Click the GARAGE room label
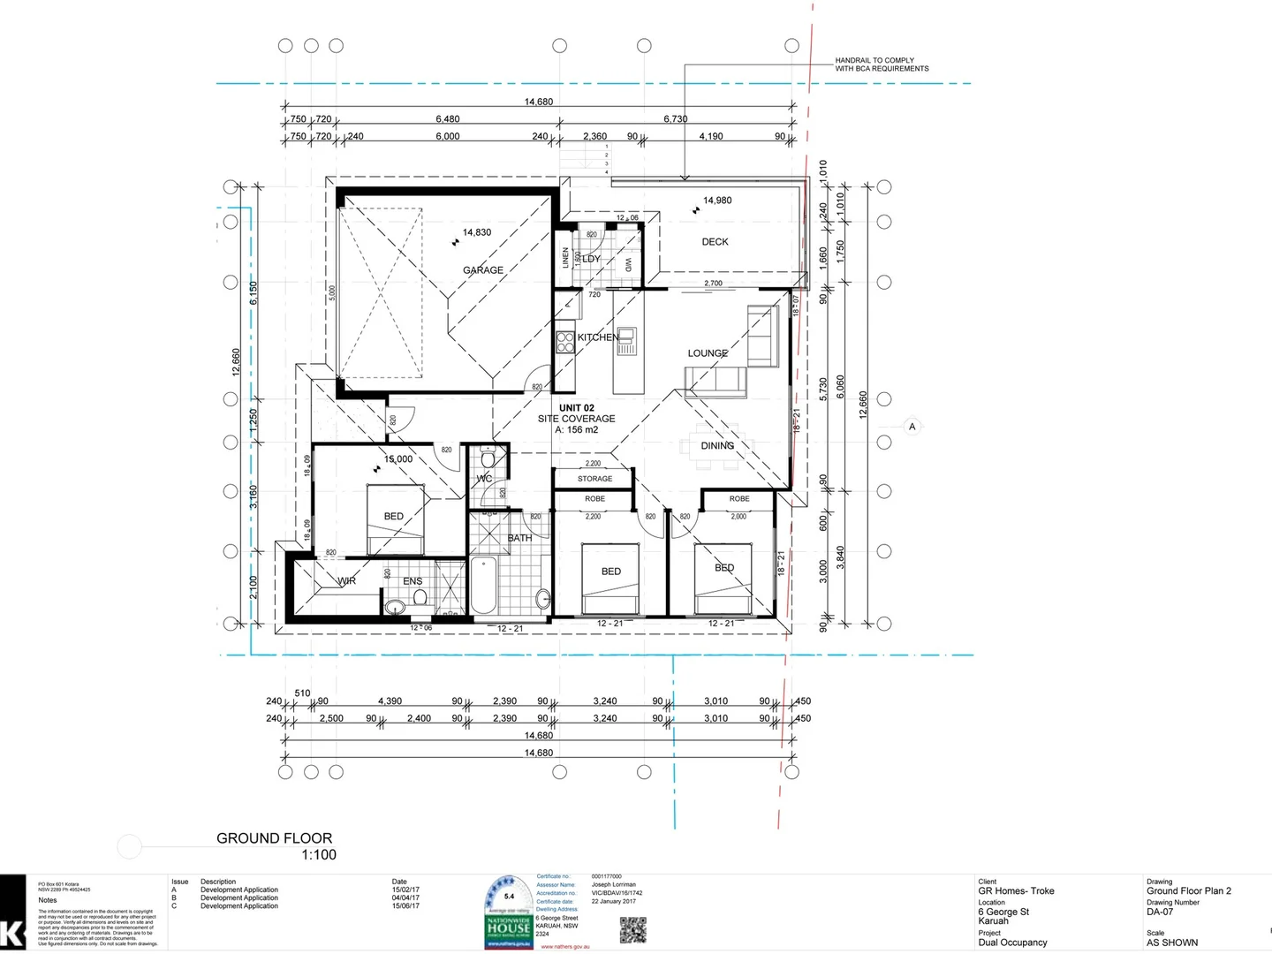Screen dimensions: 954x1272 pyautogui.click(x=483, y=270)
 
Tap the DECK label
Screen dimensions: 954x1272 pyautogui.click(x=715, y=242)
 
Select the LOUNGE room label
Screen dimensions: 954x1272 pyautogui.click(x=708, y=353)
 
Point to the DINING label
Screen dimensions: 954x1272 pyautogui.click(x=717, y=446)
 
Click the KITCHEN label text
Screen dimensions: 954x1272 pyautogui.click(x=598, y=337)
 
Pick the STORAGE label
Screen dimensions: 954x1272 pyautogui.click(x=594, y=479)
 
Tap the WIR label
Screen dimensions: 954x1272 pyautogui.click(x=346, y=581)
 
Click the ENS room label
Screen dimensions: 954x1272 pyautogui.click(x=413, y=581)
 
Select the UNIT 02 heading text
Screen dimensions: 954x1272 pyautogui.click(x=576, y=408)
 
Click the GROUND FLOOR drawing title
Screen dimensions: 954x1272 pyautogui.click(x=274, y=838)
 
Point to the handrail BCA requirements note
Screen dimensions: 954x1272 pyautogui.click(x=881, y=64)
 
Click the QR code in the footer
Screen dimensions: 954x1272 pyautogui.click(x=632, y=930)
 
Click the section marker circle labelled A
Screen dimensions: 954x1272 pyautogui.click(x=912, y=427)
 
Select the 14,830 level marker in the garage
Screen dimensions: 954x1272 pyautogui.click(x=476, y=233)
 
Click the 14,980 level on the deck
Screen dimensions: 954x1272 pyautogui.click(x=716, y=201)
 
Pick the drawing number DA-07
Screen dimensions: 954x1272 pyautogui.click(x=1160, y=912)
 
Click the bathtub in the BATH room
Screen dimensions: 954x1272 pyautogui.click(x=482, y=586)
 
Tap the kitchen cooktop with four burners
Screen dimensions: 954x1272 pyautogui.click(x=565, y=343)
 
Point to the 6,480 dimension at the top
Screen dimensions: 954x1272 pyautogui.click(x=447, y=119)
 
